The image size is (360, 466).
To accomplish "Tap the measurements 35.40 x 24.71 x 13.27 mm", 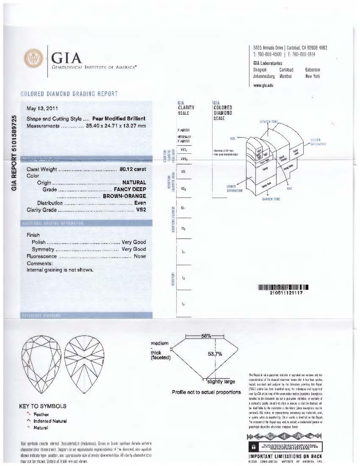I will click(x=119, y=126).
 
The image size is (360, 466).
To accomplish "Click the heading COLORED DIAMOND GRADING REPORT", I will click(x=69, y=94).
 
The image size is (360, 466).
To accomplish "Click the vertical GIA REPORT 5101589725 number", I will click(x=15, y=153).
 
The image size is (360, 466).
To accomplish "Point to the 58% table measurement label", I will click(x=206, y=336).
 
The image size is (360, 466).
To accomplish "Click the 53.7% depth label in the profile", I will click(x=215, y=354).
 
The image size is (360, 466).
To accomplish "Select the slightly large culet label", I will click(x=221, y=382).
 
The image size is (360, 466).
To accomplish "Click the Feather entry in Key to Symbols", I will click(x=41, y=414).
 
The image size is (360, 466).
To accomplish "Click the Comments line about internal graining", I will click(x=60, y=269).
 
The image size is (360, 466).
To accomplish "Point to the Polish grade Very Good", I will click(x=133, y=242).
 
